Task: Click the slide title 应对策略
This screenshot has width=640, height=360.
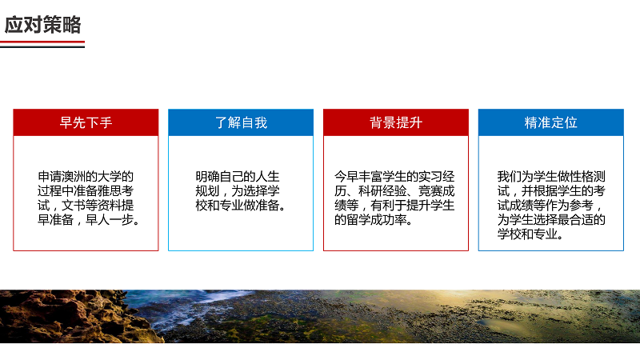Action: tap(43, 25)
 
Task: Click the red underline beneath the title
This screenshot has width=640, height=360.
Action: tap(42, 42)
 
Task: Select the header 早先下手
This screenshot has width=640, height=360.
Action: tap(86, 122)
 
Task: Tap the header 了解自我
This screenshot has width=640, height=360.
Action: tap(241, 122)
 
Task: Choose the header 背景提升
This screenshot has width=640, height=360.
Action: tap(396, 122)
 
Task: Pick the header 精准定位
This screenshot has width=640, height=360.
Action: tap(551, 122)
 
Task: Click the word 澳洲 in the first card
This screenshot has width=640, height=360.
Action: tap(74, 177)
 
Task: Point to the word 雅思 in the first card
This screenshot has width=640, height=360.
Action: tap(110, 191)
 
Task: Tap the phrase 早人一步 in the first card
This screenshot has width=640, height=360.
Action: tap(110, 220)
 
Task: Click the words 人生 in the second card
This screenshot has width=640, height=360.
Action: tap(268, 177)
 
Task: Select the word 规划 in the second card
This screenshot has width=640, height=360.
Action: tap(207, 191)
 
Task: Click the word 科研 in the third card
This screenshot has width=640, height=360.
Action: tap(370, 191)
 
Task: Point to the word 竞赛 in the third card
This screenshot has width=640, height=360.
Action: tap(430, 191)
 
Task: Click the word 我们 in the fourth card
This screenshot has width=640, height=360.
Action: tap(510, 177)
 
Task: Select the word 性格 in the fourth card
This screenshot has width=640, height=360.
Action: tap(582, 177)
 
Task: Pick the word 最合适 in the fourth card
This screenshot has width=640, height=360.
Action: tap(575, 220)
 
